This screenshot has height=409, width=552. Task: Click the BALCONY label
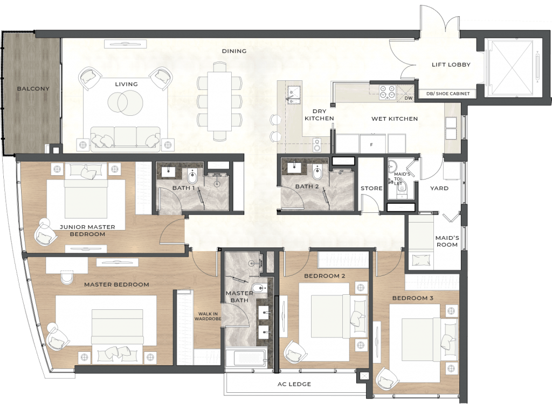(x=33, y=89)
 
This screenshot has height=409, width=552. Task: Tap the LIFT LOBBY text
(x=451, y=65)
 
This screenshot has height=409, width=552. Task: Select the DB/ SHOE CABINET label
(x=448, y=94)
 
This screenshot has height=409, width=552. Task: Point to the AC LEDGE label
(x=294, y=384)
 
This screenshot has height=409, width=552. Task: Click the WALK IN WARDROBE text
(x=208, y=316)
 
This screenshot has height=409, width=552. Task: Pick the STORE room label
(x=371, y=188)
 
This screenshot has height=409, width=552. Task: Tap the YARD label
(x=439, y=188)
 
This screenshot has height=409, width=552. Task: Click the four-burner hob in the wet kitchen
(x=387, y=92)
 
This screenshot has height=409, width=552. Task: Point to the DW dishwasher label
(x=409, y=98)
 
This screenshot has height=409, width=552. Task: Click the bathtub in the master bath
(x=246, y=358)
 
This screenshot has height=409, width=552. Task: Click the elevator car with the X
(x=510, y=67)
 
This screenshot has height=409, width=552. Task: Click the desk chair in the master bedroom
(x=66, y=277)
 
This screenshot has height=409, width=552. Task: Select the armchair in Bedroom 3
(x=387, y=379)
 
